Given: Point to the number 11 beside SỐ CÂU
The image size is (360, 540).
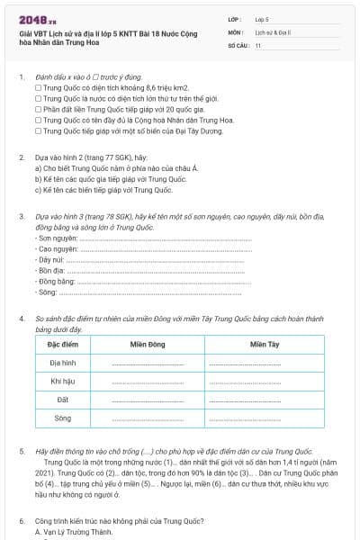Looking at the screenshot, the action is [258, 44].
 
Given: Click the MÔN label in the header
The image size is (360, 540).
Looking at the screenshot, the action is [235, 31].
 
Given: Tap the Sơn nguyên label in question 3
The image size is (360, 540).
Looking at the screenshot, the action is [53, 238].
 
